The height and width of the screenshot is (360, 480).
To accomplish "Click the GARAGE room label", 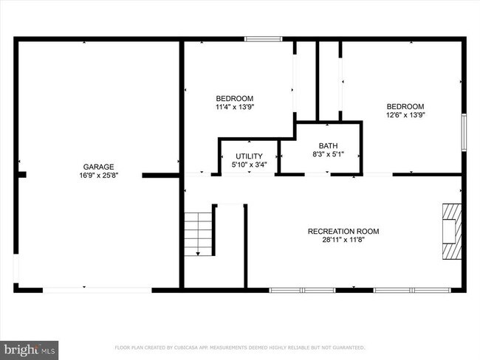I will coord(98,167).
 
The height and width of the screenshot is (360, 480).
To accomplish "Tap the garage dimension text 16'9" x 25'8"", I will coord(98,175).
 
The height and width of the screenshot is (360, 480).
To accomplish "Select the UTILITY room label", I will coord(249,156).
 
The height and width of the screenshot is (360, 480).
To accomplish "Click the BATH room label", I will coord(328,145).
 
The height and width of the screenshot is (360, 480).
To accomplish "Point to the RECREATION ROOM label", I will coord(343,232).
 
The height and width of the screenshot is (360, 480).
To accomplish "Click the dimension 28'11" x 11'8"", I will coord(343,240).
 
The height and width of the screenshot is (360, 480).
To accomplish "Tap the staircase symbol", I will coord(198,233).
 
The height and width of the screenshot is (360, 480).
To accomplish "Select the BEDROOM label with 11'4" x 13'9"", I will coord(234,99).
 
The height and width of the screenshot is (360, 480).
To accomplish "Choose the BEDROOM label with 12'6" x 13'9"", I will coord(405,106).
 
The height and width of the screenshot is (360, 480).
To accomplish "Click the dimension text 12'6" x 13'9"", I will coord(405,114).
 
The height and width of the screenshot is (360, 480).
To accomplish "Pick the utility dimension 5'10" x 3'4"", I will coord(249,164).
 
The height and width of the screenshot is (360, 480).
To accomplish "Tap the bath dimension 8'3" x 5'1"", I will coord(328,153).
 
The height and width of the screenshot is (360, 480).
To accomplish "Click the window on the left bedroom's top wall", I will coord(263,38).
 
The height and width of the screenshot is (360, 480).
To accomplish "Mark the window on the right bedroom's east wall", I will coord(464,127).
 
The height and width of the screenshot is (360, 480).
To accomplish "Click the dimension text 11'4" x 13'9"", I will coord(234,107).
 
